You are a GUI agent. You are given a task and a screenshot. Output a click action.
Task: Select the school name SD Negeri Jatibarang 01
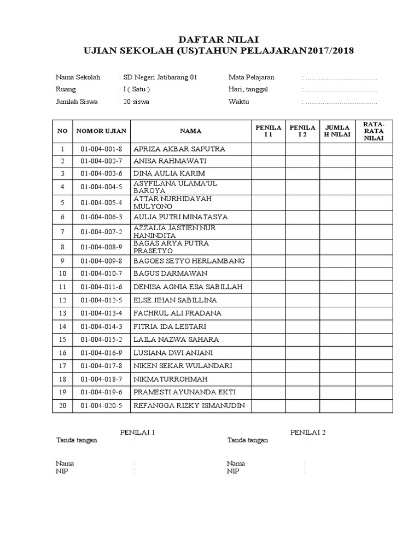(159, 78)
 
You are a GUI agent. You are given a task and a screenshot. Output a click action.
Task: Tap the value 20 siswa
(136, 102)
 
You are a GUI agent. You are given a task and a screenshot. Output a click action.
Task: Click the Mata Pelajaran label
(252, 78)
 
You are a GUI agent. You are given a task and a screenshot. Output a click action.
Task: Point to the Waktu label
(239, 102)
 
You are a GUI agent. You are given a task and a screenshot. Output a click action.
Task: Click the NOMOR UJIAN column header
(101, 131)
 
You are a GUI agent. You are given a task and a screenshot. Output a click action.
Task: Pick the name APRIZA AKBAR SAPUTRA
(179, 149)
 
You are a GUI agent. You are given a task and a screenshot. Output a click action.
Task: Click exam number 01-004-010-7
(101, 273)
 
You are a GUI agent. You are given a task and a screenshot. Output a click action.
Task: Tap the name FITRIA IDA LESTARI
(170, 326)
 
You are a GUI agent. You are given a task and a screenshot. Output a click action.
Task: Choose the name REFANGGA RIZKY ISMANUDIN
(189, 405)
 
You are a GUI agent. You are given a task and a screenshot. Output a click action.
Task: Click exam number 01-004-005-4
(101, 202)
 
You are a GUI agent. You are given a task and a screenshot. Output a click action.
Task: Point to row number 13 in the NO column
(62, 313)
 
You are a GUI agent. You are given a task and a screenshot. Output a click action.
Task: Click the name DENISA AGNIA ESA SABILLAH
(188, 287)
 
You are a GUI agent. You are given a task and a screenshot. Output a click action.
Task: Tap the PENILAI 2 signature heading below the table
(308, 432)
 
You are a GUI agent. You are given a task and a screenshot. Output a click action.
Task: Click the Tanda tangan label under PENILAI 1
(77, 441)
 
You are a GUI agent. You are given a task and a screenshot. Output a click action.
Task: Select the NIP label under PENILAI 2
(233, 471)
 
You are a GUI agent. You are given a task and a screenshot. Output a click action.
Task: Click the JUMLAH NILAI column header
(337, 131)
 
